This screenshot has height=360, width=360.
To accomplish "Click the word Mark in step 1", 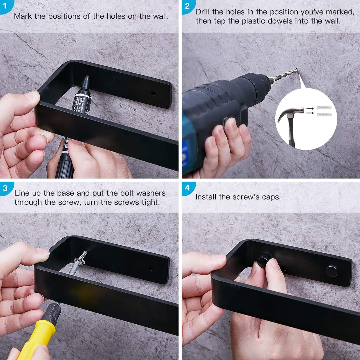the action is (x=23, y=16).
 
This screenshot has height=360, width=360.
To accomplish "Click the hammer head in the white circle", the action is (x=290, y=113).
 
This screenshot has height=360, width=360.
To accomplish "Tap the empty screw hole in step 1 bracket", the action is (x=153, y=93).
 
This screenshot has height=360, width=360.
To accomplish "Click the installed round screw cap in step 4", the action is (x=332, y=271).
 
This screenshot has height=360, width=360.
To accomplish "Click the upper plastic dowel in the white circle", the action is (x=324, y=107).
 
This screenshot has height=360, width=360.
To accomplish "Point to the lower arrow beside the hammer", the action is (x=310, y=113).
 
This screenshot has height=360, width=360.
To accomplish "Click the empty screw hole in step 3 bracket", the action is (x=151, y=268).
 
